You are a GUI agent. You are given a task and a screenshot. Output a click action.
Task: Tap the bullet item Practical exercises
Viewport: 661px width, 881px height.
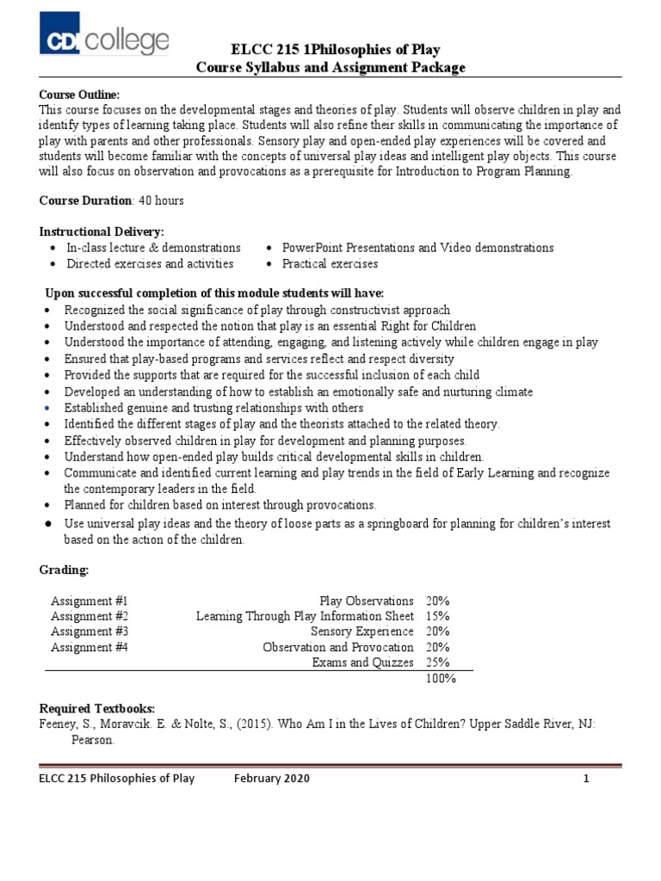(x=330, y=264)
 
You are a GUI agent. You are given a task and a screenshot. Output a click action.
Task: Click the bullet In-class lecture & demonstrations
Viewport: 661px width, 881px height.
(x=153, y=248)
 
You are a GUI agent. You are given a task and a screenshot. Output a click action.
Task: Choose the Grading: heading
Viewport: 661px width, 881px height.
(x=65, y=570)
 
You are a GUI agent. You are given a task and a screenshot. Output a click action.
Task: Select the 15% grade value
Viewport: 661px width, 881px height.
(x=437, y=616)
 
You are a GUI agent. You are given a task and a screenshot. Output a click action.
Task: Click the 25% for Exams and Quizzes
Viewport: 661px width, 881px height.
(x=437, y=662)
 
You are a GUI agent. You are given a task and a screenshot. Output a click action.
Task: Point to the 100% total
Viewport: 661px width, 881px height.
(x=441, y=678)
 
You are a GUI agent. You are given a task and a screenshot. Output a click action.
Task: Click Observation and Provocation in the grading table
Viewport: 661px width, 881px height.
(x=337, y=647)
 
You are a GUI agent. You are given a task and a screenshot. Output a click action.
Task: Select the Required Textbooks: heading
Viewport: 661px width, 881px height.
(x=97, y=708)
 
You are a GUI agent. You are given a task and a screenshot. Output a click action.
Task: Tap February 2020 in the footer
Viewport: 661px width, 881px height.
(x=271, y=779)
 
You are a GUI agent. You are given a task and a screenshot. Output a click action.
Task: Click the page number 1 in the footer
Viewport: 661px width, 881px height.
(x=585, y=779)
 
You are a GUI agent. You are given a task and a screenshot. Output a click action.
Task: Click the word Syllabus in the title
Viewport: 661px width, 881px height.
(x=272, y=67)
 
